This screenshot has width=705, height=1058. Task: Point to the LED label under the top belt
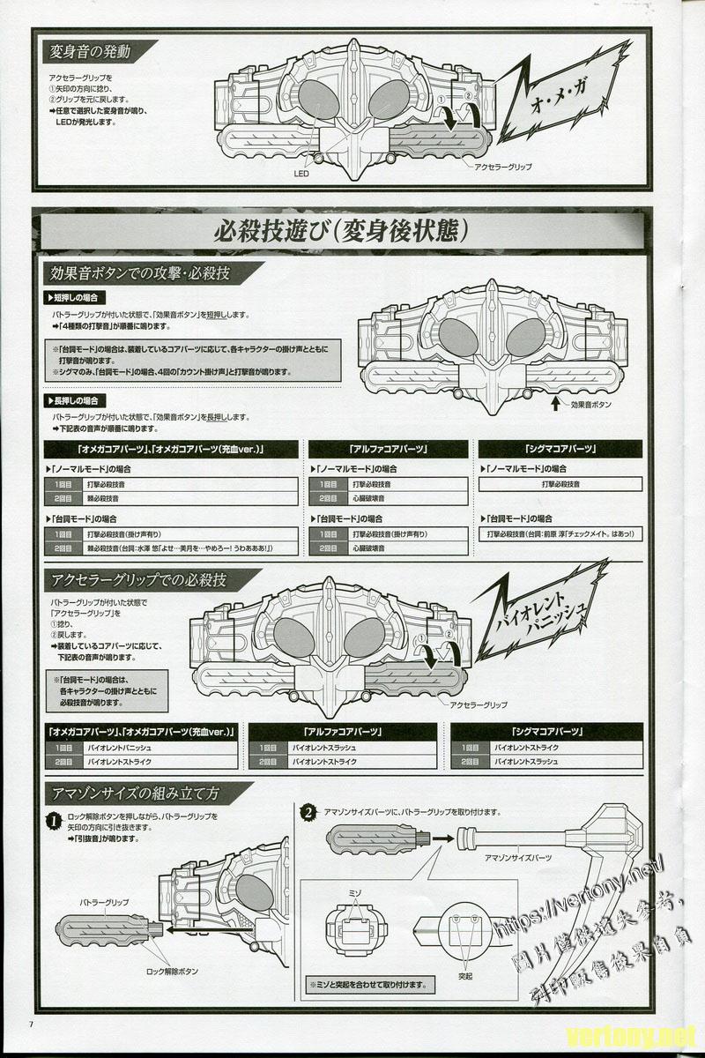[301, 174]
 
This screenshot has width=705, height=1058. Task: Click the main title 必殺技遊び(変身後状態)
[340, 232]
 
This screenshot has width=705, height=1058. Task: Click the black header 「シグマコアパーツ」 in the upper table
[560, 449]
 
